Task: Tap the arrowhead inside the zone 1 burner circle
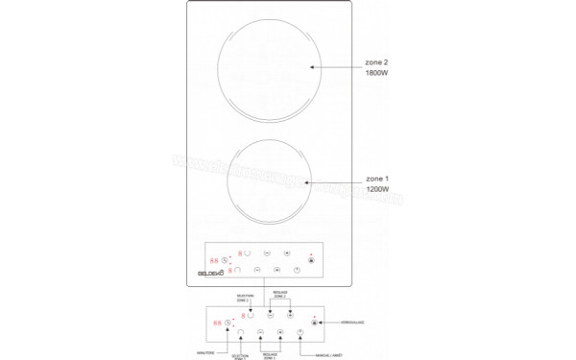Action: (310, 180)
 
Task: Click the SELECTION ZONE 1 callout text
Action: (237, 356)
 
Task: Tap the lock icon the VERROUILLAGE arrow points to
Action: (313, 324)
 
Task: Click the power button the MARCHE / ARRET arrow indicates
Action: (300, 333)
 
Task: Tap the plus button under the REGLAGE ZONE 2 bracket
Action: (289, 315)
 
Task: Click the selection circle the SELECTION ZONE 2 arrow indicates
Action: (252, 314)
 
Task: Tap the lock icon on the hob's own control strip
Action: (310, 258)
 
